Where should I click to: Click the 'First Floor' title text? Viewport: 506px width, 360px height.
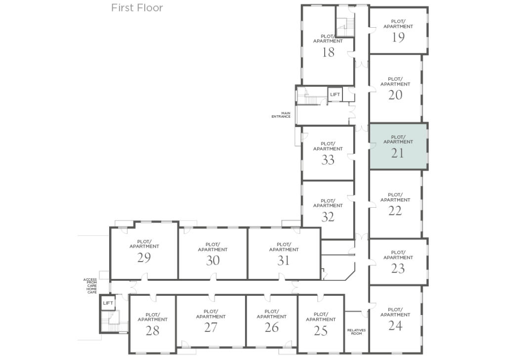137,8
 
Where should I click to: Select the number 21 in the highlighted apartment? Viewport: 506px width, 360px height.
398,153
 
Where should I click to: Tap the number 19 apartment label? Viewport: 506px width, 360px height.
398,38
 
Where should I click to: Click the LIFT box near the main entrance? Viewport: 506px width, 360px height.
335,94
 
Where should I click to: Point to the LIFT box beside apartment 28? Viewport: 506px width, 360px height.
108,303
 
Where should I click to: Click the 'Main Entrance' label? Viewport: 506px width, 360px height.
281,115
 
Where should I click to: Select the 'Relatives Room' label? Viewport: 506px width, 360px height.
356,332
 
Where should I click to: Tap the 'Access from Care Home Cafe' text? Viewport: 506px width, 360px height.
90,286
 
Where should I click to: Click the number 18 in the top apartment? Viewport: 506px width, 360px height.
328,52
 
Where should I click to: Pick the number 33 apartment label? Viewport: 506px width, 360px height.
328,160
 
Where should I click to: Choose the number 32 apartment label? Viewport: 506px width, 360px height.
328,217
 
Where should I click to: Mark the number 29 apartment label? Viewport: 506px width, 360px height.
144,258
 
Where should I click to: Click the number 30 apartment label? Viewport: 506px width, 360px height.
212,261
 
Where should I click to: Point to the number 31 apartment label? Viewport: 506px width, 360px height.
283,261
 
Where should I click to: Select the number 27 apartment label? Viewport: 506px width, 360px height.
211,328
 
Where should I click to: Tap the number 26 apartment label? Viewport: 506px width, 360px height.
271,328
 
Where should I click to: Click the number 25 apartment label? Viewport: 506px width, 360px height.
321,331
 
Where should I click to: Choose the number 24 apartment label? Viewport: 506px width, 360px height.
395,326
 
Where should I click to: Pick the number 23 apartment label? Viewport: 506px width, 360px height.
398,269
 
